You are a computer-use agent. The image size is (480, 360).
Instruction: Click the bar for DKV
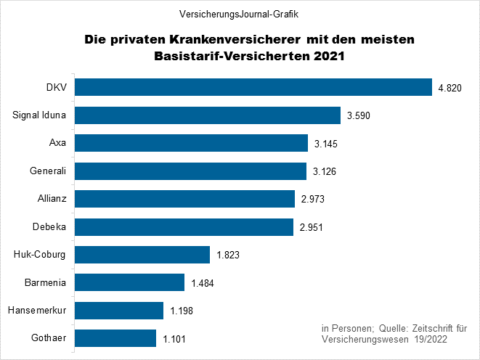[253, 87]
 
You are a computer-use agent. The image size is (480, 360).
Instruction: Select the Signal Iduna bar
[208, 115]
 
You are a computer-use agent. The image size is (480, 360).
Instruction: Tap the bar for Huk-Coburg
[142, 255]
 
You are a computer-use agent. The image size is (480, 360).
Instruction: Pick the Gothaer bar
[115, 338]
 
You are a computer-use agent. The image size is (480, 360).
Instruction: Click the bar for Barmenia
[130, 282]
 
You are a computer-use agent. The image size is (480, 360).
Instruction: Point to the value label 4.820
[450, 89]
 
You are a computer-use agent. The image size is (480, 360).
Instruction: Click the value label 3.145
[326, 144]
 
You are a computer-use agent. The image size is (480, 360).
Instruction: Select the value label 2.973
[312, 200]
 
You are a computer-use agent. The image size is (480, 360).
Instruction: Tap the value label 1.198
[182, 311]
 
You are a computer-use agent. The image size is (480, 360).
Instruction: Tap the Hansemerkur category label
[37, 310]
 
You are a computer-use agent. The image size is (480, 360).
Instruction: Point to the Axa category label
[58, 143]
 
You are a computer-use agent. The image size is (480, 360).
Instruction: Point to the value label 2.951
[312, 228]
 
